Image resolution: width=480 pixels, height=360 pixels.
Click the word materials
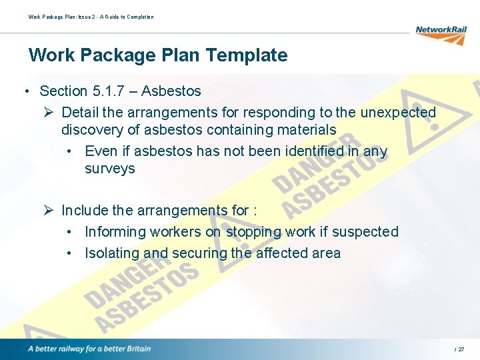pyautogui.click(x=304, y=129)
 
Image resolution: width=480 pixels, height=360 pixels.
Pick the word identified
pyautogui.click(x=317, y=151)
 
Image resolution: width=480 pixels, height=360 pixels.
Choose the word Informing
pyautogui.click(x=115, y=232)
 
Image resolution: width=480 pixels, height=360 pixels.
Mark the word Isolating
pyautogui.click(x=112, y=253)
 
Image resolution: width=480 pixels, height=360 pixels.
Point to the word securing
pyautogui.click(x=198, y=253)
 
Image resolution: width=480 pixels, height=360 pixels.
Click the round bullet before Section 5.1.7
pyautogui.click(x=25, y=91)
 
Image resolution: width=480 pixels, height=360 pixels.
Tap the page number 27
pyautogui.click(x=461, y=349)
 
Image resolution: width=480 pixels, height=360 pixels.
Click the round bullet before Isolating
pyautogui.click(x=70, y=254)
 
